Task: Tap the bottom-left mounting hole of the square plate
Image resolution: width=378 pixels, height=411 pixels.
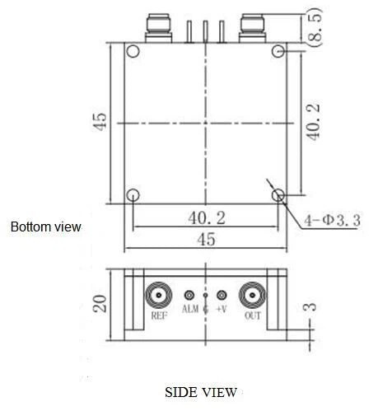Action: point(132,196)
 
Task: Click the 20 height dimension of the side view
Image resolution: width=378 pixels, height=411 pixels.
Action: point(100,303)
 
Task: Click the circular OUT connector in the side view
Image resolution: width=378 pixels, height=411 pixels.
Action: point(251,295)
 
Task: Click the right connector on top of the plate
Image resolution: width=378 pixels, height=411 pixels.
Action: point(253,28)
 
